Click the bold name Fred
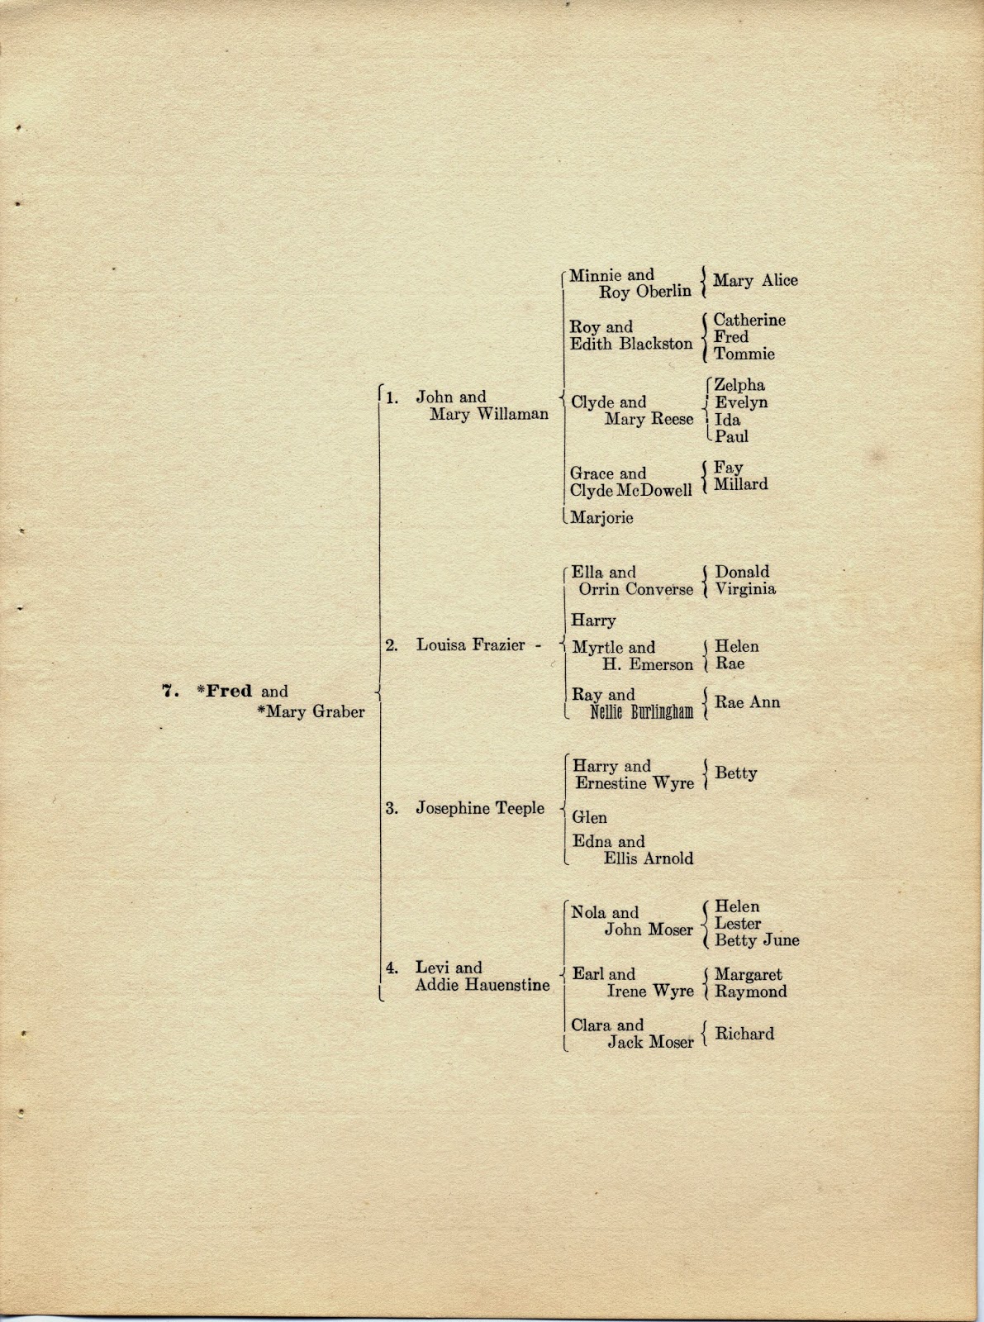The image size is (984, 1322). point(229,692)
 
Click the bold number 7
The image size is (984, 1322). point(169,692)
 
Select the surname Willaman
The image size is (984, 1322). point(509,414)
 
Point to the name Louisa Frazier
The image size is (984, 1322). point(470,645)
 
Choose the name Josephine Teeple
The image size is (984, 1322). point(480,808)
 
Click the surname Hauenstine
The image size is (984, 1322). point(510,985)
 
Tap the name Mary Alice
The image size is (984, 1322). point(755,280)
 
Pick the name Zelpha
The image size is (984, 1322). point(739,385)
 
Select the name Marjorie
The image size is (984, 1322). point(602,518)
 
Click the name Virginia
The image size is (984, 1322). point(745,589)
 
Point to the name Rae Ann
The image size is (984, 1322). point(747,702)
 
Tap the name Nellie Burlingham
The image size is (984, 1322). point(642,711)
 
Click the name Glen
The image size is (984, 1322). point(589,817)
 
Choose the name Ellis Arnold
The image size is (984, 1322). point(648,858)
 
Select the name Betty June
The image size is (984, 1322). point(757,940)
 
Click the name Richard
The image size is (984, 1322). point(744,1034)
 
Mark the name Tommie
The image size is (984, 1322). point(744,354)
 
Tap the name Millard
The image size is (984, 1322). point(740,484)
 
